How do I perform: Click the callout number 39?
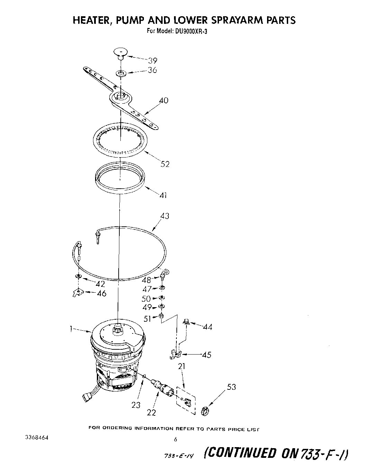click(153, 61)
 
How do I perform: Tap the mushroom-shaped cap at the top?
click(120, 53)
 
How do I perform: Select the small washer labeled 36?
click(120, 73)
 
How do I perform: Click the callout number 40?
click(163, 101)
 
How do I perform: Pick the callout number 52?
click(165, 164)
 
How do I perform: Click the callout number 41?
click(163, 195)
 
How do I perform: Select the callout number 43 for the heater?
click(165, 216)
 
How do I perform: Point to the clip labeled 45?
click(176, 353)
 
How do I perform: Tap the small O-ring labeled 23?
click(144, 376)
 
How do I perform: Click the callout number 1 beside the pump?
click(71, 330)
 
